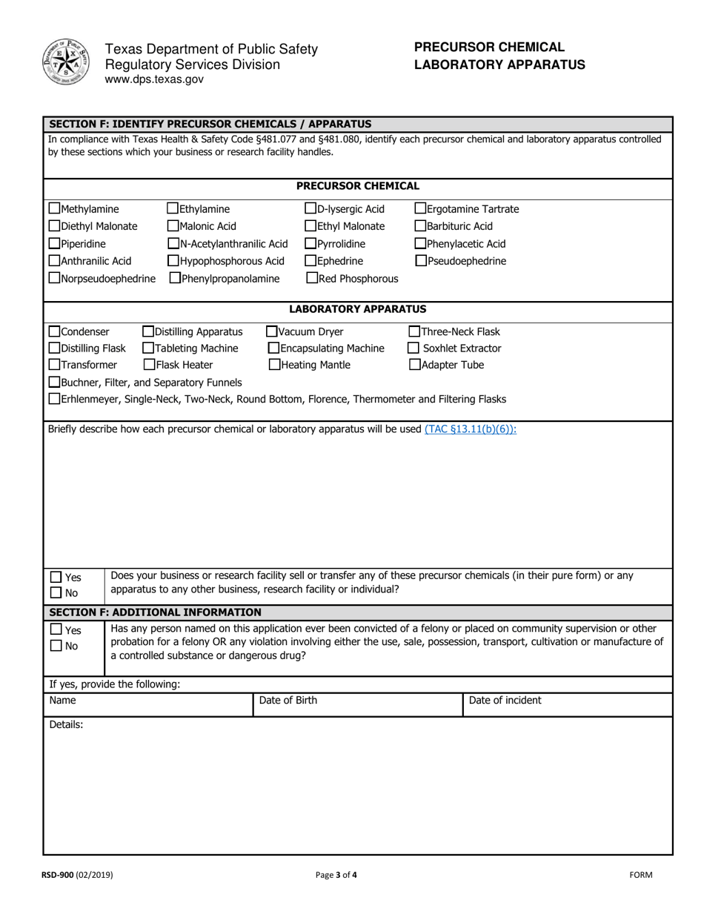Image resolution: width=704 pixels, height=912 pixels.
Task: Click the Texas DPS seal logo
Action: pyautogui.click(x=65, y=62)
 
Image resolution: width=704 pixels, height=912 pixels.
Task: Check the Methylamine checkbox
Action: pyautogui.click(x=54, y=209)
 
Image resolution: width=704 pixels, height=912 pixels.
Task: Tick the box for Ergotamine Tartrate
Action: pyautogui.click(x=420, y=209)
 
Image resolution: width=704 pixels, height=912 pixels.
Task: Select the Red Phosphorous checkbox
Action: pyautogui.click(x=312, y=279)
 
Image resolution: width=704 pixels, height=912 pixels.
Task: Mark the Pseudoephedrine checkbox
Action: pyautogui.click(x=420, y=261)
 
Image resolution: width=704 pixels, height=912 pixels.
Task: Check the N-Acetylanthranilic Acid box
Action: pyautogui.click(x=173, y=244)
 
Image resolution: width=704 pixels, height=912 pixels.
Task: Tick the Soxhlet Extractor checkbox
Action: pyautogui.click(x=414, y=348)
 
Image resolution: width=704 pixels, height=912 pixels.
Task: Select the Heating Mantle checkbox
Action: pyautogui.click(x=274, y=365)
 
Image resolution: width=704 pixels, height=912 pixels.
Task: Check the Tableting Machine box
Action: pyautogui.click(x=148, y=348)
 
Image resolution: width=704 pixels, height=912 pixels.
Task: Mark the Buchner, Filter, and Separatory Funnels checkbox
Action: pyautogui.click(x=54, y=383)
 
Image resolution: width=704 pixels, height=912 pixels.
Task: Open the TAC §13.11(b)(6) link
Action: pyautogui.click(x=470, y=429)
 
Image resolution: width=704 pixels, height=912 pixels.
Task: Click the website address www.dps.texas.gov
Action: pyautogui.click(x=154, y=79)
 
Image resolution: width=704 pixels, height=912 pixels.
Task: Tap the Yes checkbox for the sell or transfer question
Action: pyautogui.click(x=56, y=578)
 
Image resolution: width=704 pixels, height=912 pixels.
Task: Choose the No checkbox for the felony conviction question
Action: pyautogui.click(x=56, y=646)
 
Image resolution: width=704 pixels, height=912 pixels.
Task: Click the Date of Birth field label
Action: pyautogui.click(x=288, y=701)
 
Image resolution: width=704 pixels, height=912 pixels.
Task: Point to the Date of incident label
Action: pyautogui.click(x=505, y=701)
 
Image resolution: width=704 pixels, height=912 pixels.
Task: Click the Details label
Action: pyautogui.click(x=66, y=725)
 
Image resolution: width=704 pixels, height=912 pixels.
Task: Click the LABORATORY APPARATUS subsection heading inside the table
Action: pyautogui.click(x=357, y=309)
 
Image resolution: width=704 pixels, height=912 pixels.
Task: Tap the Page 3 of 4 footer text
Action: pyautogui.click(x=336, y=875)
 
